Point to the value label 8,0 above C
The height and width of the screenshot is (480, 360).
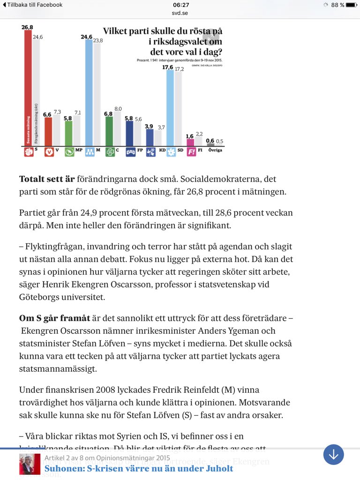click(x=118, y=109)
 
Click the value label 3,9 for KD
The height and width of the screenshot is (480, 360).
click(x=149, y=126)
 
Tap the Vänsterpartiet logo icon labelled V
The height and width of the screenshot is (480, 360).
click(x=48, y=151)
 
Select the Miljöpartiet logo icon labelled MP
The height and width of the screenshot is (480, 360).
click(x=69, y=151)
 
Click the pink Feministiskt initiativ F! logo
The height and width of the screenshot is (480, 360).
click(x=191, y=151)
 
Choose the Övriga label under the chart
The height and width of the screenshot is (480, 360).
click(x=216, y=150)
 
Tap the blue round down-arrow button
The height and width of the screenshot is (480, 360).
click(x=333, y=454)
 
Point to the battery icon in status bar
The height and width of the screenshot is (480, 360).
click(x=351, y=5)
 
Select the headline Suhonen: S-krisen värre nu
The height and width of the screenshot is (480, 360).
click(x=139, y=468)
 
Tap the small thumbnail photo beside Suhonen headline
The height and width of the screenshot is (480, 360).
click(x=30, y=464)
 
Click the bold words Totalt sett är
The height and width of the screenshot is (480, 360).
click(x=47, y=179)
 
